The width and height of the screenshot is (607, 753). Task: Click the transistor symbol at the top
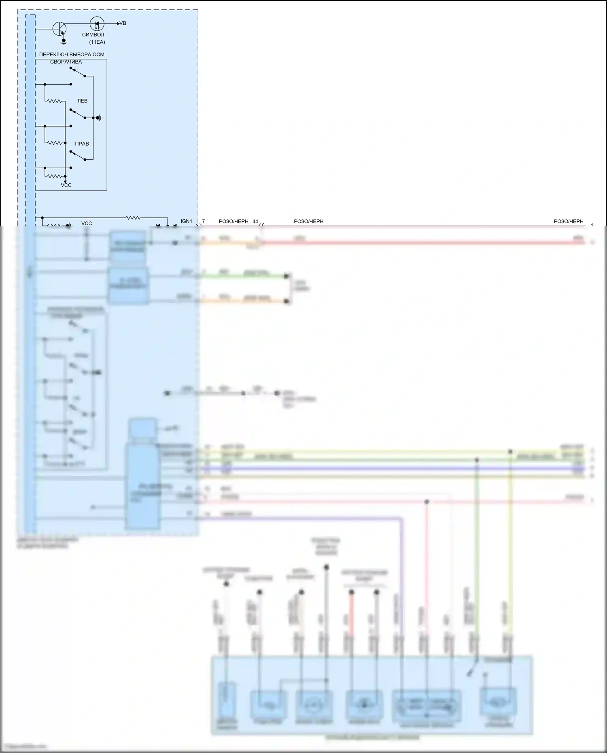(x=59, y=29)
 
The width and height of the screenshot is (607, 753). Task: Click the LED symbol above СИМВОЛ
(x=96, y=23)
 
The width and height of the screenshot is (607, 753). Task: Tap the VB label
(x=123, y=23)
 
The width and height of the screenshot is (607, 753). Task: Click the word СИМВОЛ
(x=93, y=35)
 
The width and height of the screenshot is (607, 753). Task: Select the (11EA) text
(x=97, y=42)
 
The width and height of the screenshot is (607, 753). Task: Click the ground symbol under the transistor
(x=64, y=41)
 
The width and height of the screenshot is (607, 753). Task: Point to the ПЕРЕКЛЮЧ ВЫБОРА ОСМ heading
(x=72, y=55)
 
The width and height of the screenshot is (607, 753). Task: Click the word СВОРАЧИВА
(x=66, y=62)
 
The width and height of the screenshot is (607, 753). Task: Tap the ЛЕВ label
(x=82, y=101)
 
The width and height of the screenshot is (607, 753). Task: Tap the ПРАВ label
(x=82, y=144)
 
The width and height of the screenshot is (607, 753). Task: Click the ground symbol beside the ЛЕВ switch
(x=99, y=118)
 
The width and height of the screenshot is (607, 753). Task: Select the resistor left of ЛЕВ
(x=55, y=101)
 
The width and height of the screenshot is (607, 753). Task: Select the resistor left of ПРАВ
(x=55, y=143)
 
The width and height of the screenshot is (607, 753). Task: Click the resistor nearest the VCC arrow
(x=55, y=176)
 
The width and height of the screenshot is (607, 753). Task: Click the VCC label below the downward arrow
(x=66, y=185)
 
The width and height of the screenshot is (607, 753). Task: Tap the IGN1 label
(x=187, y=221)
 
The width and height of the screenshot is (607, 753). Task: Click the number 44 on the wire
(x=255, y=222)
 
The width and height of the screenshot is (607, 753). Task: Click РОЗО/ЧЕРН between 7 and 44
(x=233, y=222)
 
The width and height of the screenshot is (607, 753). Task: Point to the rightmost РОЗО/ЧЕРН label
(x=569, y=222)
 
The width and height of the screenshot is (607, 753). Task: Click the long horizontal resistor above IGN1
(x=133, y=218)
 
